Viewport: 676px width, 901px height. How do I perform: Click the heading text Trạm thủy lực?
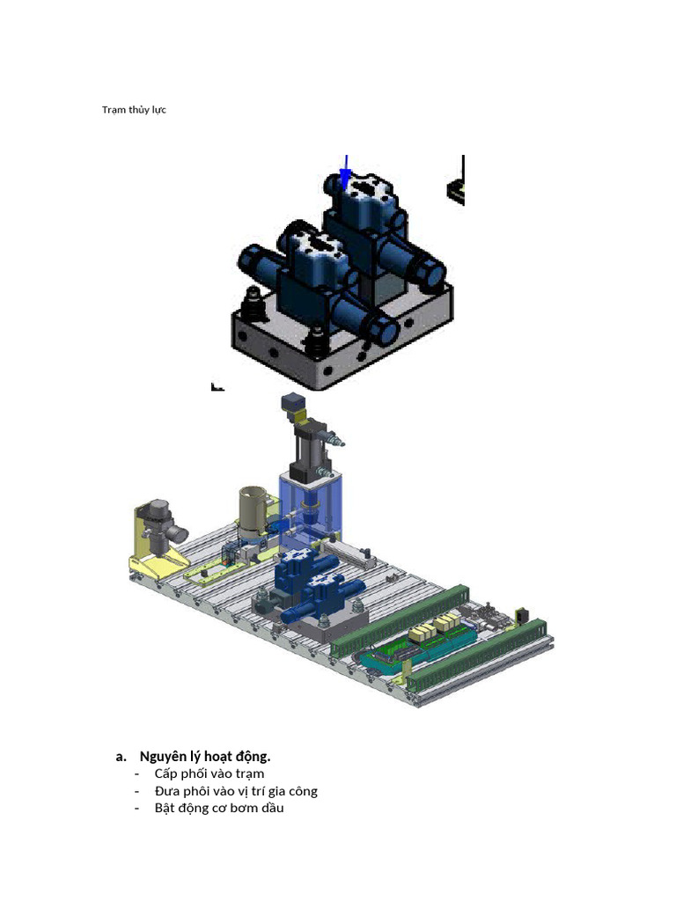tap(134, 110)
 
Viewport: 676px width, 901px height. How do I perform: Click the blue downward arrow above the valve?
tap(345, 172)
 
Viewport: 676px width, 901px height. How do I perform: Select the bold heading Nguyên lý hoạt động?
tap(205, 756)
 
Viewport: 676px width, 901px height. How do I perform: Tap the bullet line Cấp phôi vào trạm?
tap(209, 773)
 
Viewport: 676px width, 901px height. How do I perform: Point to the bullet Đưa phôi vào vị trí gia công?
tap(236, 791)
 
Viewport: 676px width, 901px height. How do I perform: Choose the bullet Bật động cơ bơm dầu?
tap(219, 808)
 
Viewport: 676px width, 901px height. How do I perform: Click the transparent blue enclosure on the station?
tap(311, 509)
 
